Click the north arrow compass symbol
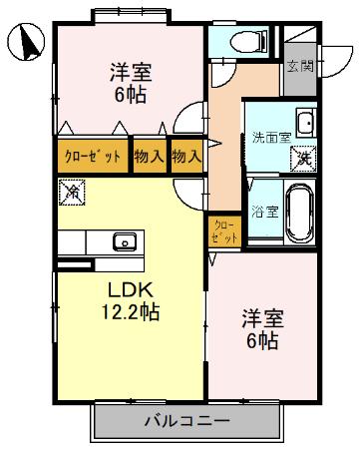pyautogui.click(x=27, y=42)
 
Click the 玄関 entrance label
pyautogui.click(x=300, y=67)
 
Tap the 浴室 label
pyautogui.click(x=264, y=211)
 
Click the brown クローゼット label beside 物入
pyautogui.click(x=93, y=156)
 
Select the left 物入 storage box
pyautogui.click(x=150, y=156)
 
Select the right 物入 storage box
pyautogui.click(x=185, y=156)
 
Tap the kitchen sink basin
pyautogui.click(x=125, y=240)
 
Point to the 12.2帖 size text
pyautogui.click(x=131, y=310)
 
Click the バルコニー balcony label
pyautogui.click(x=185, y=420)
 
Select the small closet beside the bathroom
pyautogui.click(x=224, y=231)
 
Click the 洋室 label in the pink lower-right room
pyautogui.click(x=263, y=319)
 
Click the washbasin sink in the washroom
pyautogui.click(x=305, y=124)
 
